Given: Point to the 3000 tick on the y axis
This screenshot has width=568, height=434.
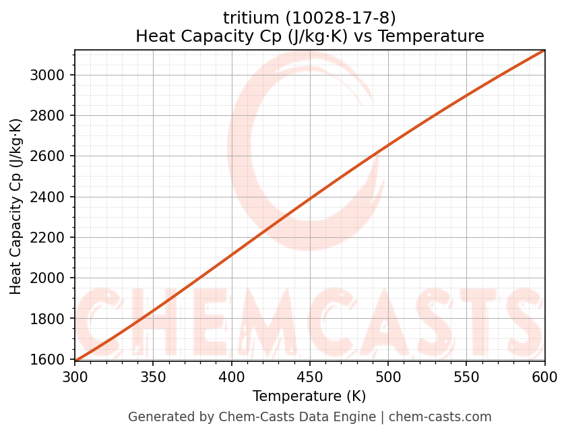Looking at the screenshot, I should click(49, 75).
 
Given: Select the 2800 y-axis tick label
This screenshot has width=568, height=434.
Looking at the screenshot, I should click(49, 116).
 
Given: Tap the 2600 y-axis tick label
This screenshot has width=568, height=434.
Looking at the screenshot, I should click(49, 156).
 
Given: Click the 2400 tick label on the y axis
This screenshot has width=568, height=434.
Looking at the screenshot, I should click(49, 197).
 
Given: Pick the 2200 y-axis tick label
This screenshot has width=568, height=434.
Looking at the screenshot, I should click(49, 238).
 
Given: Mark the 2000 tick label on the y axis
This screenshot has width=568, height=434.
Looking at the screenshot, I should click(49, 278).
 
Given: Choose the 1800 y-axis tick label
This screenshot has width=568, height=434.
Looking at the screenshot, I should click(49, 319).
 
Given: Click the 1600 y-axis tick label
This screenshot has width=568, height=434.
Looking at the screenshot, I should click(49, 360).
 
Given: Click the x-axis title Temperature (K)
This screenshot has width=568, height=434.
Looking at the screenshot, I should click(309, 396).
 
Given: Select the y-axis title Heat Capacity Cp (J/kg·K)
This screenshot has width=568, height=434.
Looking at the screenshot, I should click(16, 206).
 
